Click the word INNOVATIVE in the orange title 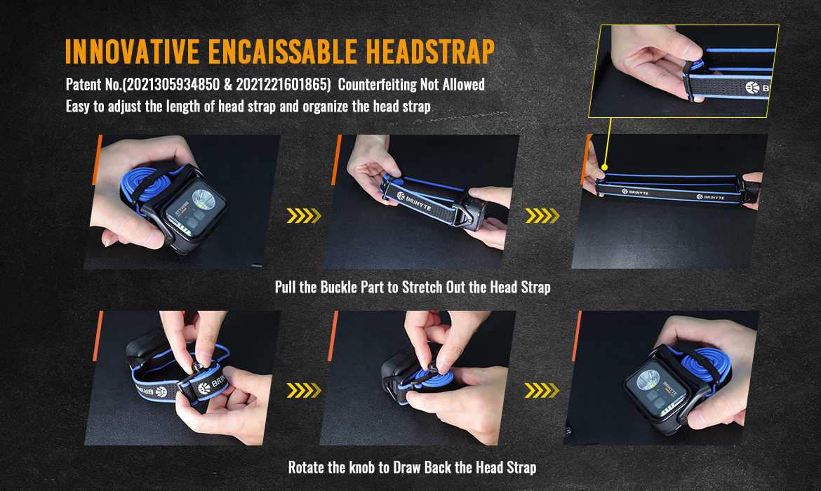pos(132,51)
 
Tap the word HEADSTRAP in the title pos(430,51)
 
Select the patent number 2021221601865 pos(283,84)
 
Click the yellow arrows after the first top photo pos(304,215)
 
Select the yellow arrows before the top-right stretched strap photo pos(542,215)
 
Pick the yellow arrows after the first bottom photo pos(304,391)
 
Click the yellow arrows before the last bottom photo pos(542,391)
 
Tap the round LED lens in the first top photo pos(203,199)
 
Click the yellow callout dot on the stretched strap pos(605,168)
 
